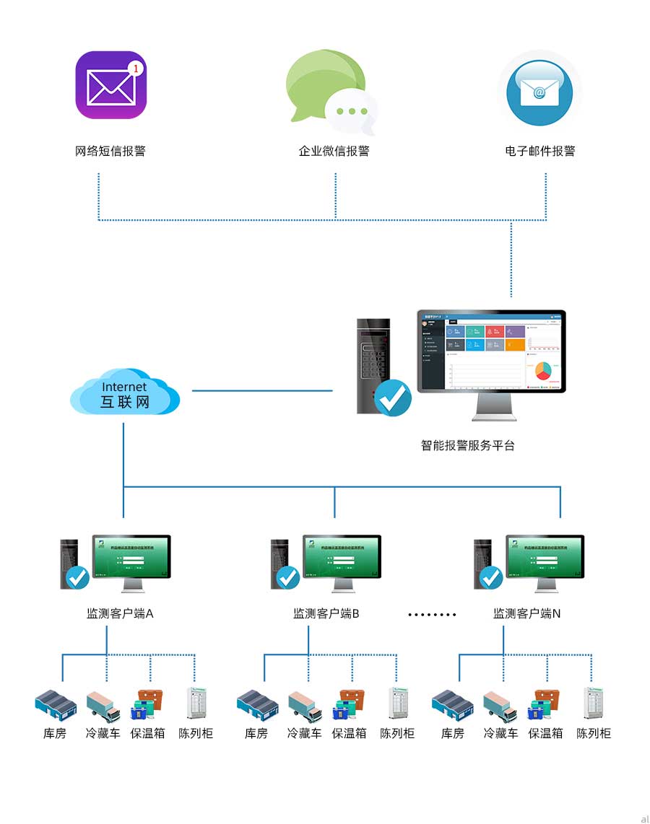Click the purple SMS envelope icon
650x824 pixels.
coord(110,85)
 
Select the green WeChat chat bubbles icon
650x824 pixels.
coord(331,90)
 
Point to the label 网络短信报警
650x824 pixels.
coord(110,152)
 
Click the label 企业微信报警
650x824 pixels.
coord(334,152)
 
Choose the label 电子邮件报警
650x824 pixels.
coord(540,152)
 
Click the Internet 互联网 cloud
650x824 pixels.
coord(124,391)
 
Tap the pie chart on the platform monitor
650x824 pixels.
coord(543,369)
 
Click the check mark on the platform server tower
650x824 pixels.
coord(394,398)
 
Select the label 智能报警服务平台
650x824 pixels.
coord(468,445)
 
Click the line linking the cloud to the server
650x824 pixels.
coord(261,391)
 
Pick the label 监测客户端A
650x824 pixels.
coord(120,614)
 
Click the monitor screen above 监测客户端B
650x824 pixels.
coord(342,556)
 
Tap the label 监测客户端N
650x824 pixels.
coord(527,614)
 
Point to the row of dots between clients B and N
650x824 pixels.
coord(432,615)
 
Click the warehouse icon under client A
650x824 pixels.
coord(56,704)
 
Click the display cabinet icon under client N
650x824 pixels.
coord(593,703)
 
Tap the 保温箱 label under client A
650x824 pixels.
coord(148,734)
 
